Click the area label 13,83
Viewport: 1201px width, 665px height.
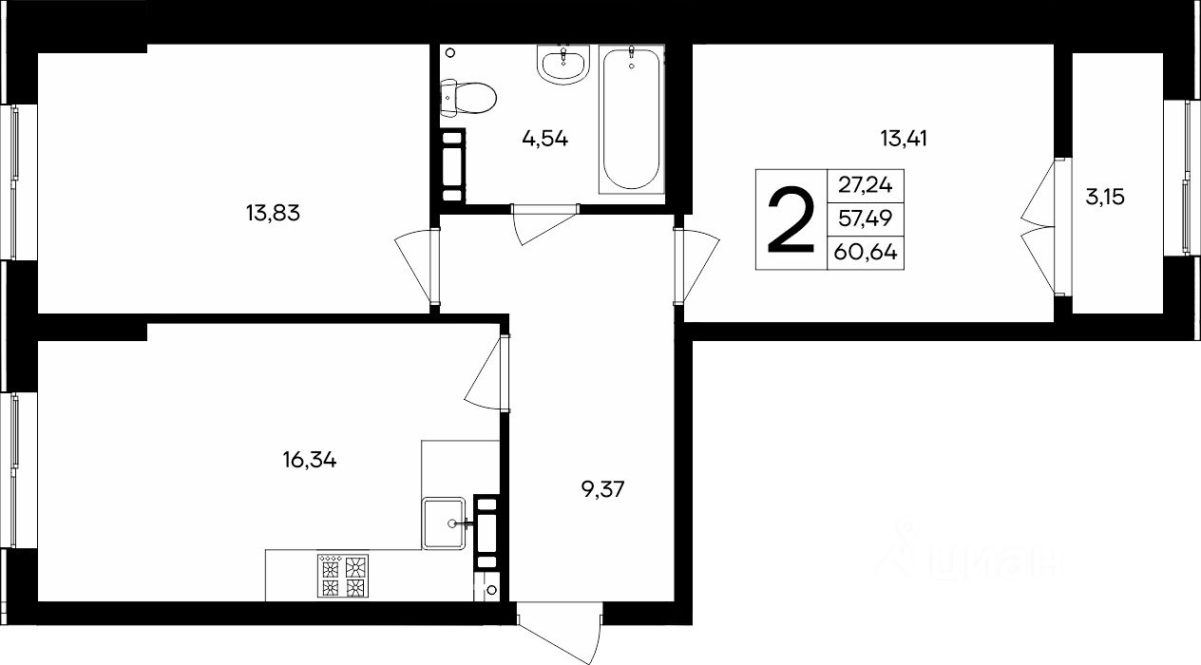(x=273, y=213)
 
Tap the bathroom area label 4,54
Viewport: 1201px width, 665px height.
(x=544, y=140)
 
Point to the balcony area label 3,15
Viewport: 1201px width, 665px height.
(x=1104, y=198)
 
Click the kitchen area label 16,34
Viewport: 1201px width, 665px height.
(x=310, y=460)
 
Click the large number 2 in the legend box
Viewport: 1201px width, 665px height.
(x=791, y=220)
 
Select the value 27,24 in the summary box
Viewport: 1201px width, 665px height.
(x=866, y=185)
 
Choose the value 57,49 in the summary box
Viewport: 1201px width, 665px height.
(x=866, y=218)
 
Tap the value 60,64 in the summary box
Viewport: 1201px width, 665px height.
(x=866, y=252)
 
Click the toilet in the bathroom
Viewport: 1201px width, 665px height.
(x=467, y=98)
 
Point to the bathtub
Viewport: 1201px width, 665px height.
(x=632, y=119)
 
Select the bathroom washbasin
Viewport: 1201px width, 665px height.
(x=562, y=65)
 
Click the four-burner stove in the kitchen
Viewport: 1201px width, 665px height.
(x=343, y=576)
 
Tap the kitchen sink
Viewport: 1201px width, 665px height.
(x=444, y=523)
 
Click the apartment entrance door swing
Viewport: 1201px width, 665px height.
(x=560, y=634)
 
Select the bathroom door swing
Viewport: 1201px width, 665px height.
(x=544, y=224)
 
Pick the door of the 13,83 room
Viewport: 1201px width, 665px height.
(x=417, y=267)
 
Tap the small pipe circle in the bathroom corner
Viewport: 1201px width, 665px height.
(x=450, y=52)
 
